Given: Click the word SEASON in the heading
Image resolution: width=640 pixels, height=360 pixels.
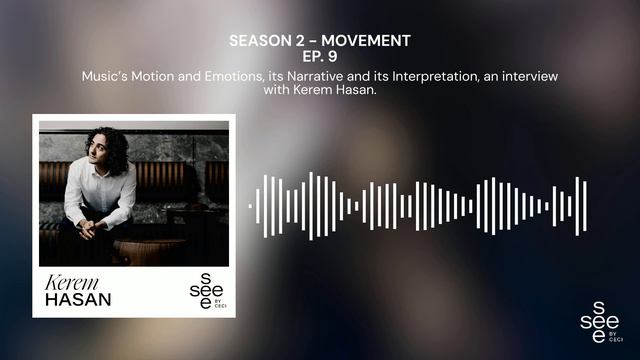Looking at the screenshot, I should [257, 41].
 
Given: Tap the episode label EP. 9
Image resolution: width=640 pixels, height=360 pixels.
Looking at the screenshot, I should [320, 57].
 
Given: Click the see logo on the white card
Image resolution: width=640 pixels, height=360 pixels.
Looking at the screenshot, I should [200, 287].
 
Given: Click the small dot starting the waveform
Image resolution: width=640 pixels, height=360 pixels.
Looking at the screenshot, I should [251, 206].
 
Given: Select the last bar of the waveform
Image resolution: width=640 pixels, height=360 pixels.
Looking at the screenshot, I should [585, 206].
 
